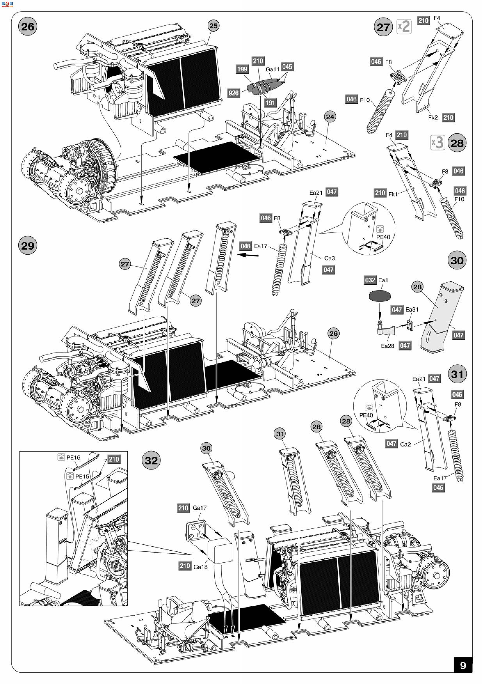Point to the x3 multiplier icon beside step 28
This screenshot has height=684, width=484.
[438, 143]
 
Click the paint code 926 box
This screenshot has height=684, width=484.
[233, 93]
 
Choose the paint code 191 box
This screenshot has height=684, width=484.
[270, 103]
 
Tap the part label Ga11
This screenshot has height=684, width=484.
[272, 69]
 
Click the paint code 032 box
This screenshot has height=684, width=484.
[370, 280]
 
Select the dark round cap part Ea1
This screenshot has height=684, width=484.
[380, 296]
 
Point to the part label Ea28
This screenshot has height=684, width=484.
[387, 346]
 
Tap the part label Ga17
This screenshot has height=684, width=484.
[199, 508]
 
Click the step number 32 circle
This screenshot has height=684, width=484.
[151, 460]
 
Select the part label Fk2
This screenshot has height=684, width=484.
[433, 118]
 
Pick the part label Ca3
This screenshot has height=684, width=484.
[329, 258]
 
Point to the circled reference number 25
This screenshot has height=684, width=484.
[213, 26]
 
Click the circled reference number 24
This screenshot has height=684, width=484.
[330, 117]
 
